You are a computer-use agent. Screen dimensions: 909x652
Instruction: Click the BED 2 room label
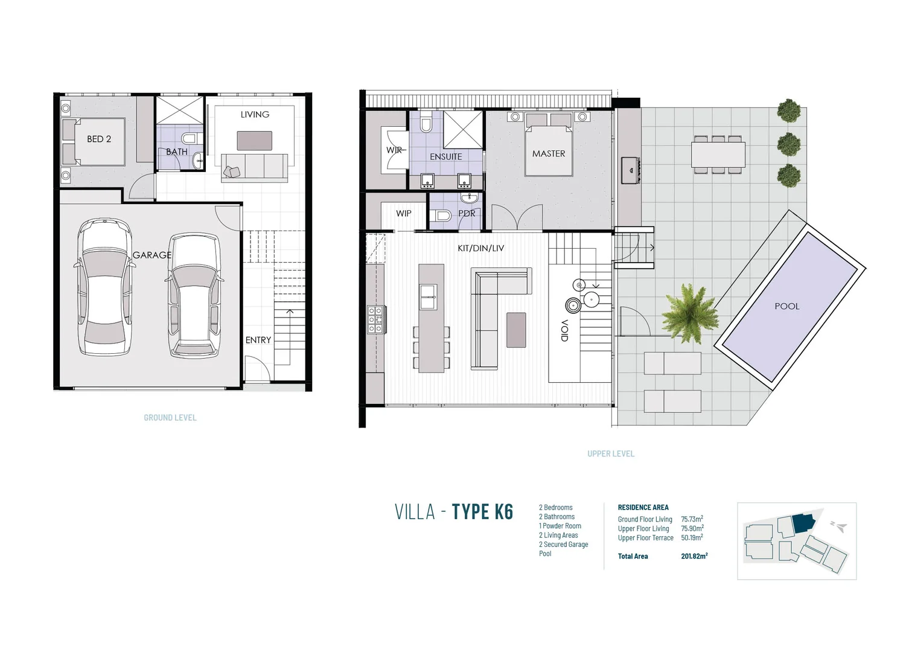pyautogui.click(x=99, y=139)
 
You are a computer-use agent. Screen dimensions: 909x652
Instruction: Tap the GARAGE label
pyautogui.click(x=152, y=255)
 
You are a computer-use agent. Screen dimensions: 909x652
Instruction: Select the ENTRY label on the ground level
pyautogui.click(x=258, y=340)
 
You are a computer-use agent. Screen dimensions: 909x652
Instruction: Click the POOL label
pyautogui.click(x=787, y=306)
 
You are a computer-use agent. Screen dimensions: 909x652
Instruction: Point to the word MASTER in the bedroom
pyautogui.click(x=549, y=153)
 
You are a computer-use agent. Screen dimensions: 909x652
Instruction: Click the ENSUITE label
pyautogui.click(x=446, y=156)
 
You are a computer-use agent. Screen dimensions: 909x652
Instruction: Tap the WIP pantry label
pyautogui.click(x=404, y=213)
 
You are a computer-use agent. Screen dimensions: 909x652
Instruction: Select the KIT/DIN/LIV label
pyautogui.click(x=481, y=248)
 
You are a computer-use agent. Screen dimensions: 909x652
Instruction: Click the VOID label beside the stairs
pyautogui.click(x=564, y=330)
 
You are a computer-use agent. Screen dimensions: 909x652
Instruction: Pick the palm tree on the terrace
pyautogui.click(x=689, y=313)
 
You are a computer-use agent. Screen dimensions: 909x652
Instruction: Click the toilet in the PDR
pyautogui.click(x=441, y=215)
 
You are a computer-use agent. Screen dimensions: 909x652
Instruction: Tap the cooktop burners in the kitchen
pyautogui.click(x=375, y=320)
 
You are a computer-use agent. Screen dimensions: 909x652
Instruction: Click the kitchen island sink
pyautogui.click(x=428, y=297)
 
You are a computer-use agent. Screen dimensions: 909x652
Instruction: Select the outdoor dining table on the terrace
pyautogui.click(x=718, y=155)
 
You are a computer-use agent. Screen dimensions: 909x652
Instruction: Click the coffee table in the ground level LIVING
pyautogui.click(x=255, y=141)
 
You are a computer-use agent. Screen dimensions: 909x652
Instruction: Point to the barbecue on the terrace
pyautogui.click(x=631, y=170)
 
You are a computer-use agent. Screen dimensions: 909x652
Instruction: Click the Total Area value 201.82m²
pyautogui.click(x=694, y=556)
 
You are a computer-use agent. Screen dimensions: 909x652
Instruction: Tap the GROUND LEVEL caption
pyautogui.click(x=170, y=417)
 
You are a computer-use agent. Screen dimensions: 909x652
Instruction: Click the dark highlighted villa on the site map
pyautogui.click(x=803, y=523)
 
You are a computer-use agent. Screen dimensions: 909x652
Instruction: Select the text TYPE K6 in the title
pyautogui.click(x=482, y=511)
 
